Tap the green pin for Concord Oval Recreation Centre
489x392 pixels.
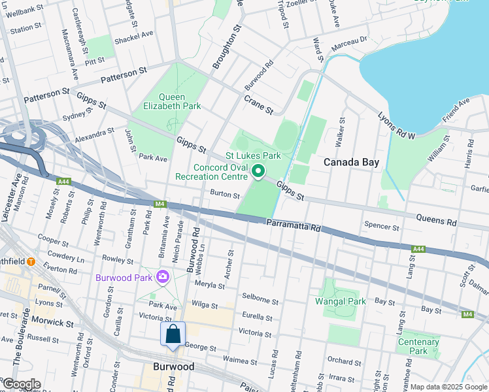(258, 172)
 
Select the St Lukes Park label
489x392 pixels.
(253, 155)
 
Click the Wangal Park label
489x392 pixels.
(340, 301)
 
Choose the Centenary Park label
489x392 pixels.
(418, 346)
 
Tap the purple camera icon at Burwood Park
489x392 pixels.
(162, 277)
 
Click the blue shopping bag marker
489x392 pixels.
(173, 335)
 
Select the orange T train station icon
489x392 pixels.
(31, 262)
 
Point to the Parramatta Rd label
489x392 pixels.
(294, 226)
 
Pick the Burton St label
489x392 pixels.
(225, 195)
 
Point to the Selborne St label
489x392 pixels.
(260, 300)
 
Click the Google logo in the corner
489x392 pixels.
(21, 384)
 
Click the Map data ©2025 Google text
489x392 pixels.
(448, 387)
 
